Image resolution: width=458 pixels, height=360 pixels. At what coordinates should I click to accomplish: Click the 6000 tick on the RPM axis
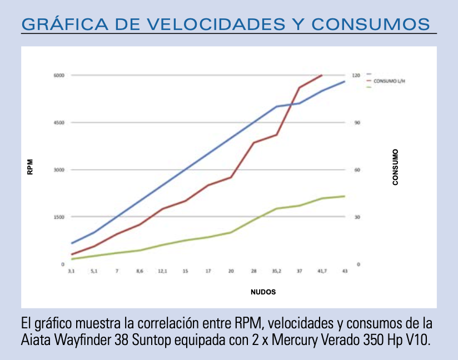(x=59, y=75)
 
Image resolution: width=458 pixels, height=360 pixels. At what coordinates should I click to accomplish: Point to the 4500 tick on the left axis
(x=59, y=122)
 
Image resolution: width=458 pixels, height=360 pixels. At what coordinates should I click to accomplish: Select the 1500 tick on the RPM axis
(x=59, y=217)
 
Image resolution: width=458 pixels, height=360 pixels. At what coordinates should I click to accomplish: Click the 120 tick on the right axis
(x=356, y=75)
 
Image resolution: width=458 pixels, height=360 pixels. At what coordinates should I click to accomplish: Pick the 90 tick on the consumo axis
(x=356, y=122)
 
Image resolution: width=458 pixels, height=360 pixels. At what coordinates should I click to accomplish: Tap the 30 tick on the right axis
(x=356, y=217)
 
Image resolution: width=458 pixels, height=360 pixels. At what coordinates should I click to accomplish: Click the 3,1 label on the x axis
(x=71, y=271)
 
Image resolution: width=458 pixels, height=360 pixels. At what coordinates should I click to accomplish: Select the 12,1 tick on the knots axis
(x=162, y=271)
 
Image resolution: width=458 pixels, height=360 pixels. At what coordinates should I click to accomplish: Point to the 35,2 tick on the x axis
(x=276, y=271)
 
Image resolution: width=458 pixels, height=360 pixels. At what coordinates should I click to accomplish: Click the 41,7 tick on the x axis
(x=322, y=271)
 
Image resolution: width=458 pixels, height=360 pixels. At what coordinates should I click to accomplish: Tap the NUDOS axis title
(x=263, y=292)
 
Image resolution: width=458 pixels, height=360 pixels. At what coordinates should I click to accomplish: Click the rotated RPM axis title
(x=31, y=167)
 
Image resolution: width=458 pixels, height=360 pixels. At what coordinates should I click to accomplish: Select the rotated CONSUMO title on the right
(x=395, y=167)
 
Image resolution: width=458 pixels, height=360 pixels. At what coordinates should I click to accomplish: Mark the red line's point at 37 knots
(x=300, y=87)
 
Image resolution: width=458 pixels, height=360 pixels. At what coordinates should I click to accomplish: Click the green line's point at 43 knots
(x=345, y=196)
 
